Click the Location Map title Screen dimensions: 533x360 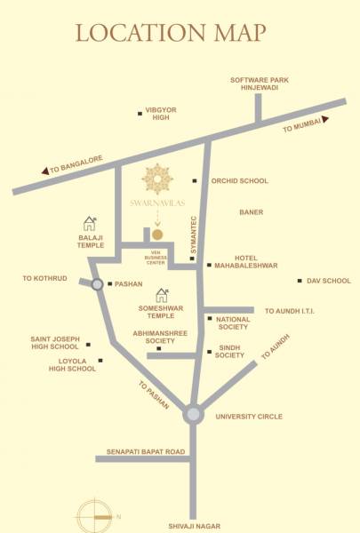[x=171, y=33]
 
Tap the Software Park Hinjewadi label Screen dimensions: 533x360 [x=258, y=84]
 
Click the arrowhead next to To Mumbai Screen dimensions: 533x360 [x=325, y=119]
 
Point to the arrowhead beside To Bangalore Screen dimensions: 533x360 [x=44, y=172]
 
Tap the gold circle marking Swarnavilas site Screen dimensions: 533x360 [x=157, y=235]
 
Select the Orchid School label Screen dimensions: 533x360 [x=238, y=181]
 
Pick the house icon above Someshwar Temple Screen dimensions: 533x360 [x=162, y=293]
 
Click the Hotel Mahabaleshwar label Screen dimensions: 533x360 [x=245, y=261]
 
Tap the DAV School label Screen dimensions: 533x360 [x=329, y=282]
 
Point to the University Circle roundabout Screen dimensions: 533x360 [x=193, y=414]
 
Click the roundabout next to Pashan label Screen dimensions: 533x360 [x=96, y=284]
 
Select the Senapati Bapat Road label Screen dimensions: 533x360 [x=145, y=452]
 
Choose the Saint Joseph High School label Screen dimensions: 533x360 [x=55, y=344]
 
